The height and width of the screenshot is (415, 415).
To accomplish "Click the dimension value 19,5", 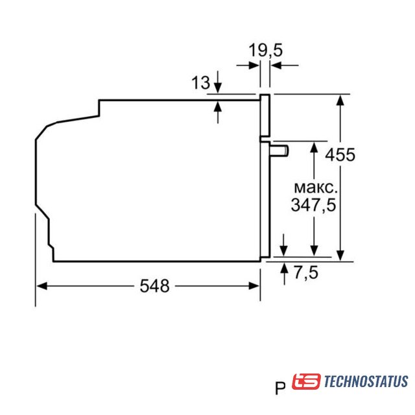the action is point(265,51).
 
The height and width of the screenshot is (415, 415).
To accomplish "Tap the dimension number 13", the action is point(200,82).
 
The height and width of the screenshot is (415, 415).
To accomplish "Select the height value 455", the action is point(340,154).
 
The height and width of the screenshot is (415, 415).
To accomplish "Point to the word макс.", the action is point(316,187).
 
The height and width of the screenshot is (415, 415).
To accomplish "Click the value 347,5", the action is point(313,205).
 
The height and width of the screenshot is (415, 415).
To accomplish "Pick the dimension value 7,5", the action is point(306,272).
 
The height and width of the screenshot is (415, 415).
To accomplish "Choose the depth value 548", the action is point(154,286).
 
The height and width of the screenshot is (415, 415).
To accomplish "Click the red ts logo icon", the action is point(306,381).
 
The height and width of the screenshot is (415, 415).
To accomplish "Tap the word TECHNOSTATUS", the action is point(366,381).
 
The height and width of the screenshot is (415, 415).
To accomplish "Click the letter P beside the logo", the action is point(280,388).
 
